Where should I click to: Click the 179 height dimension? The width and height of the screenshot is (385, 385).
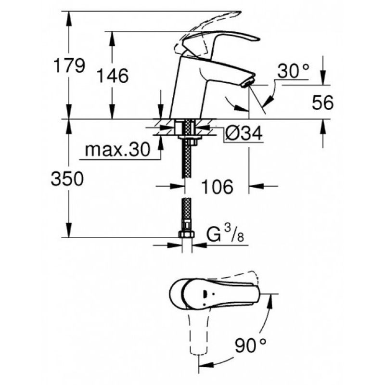point(69,65)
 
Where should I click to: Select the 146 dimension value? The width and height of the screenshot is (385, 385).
point(113,76)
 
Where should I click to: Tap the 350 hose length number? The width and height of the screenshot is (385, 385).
point(67,179)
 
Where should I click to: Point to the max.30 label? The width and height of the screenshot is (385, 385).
point(117,150)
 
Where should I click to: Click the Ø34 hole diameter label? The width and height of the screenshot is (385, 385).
point(244,133)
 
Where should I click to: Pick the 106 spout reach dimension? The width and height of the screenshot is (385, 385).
point(217,187)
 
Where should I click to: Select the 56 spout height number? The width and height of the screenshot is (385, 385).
point(322,103)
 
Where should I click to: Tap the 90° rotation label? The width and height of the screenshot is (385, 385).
point(250,345)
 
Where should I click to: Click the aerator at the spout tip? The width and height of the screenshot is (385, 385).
point(247,83)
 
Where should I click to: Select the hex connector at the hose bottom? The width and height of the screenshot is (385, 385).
point(186,234)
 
